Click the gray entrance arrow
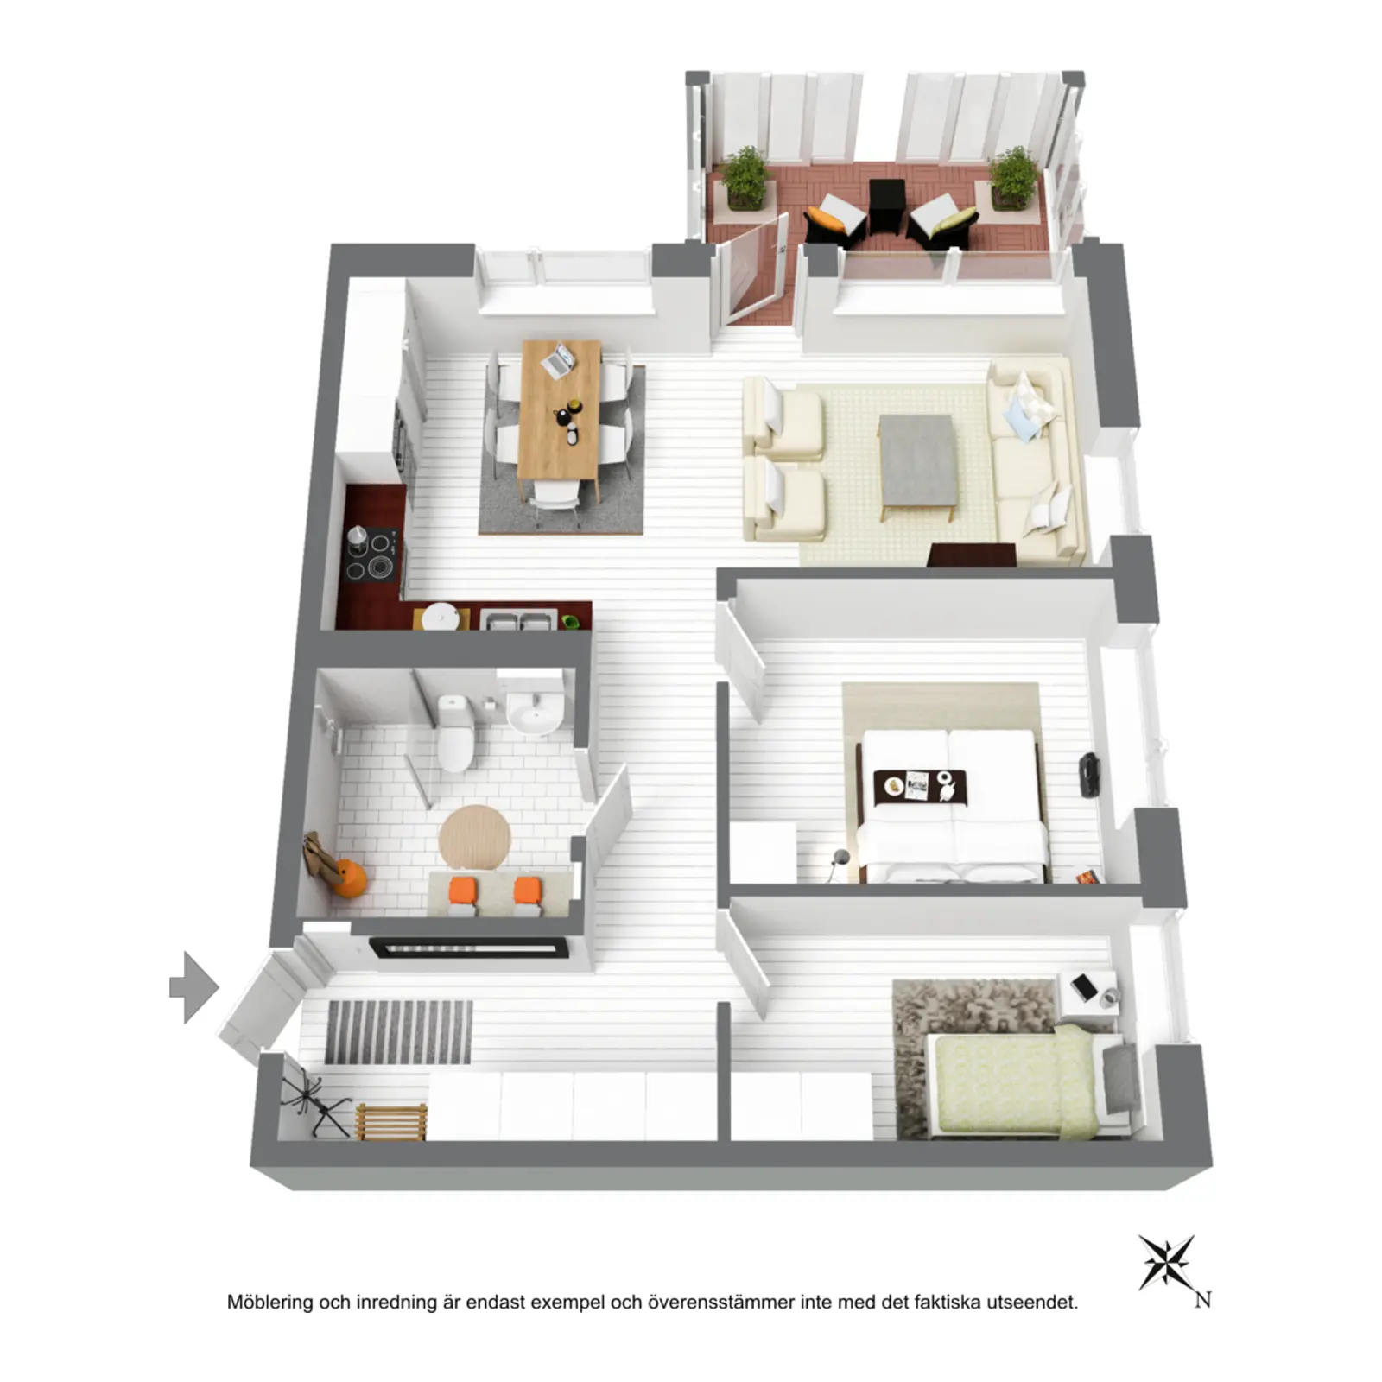coord(194,987)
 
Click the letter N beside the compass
coord(1203,1300)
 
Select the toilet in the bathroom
coord(454,733)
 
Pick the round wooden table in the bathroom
coord(474,837)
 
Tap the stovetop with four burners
coord(371,554)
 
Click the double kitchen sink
coord(517,619)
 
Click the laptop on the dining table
coord(557,360)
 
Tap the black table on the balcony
coord(886,206)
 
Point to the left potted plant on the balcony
coord(745,179)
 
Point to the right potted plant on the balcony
coord(1013,179)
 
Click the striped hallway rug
coord(398,1032)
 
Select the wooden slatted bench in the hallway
coord(391,1122)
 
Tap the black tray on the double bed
coord(920,786)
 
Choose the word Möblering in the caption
coord(270,1303)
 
